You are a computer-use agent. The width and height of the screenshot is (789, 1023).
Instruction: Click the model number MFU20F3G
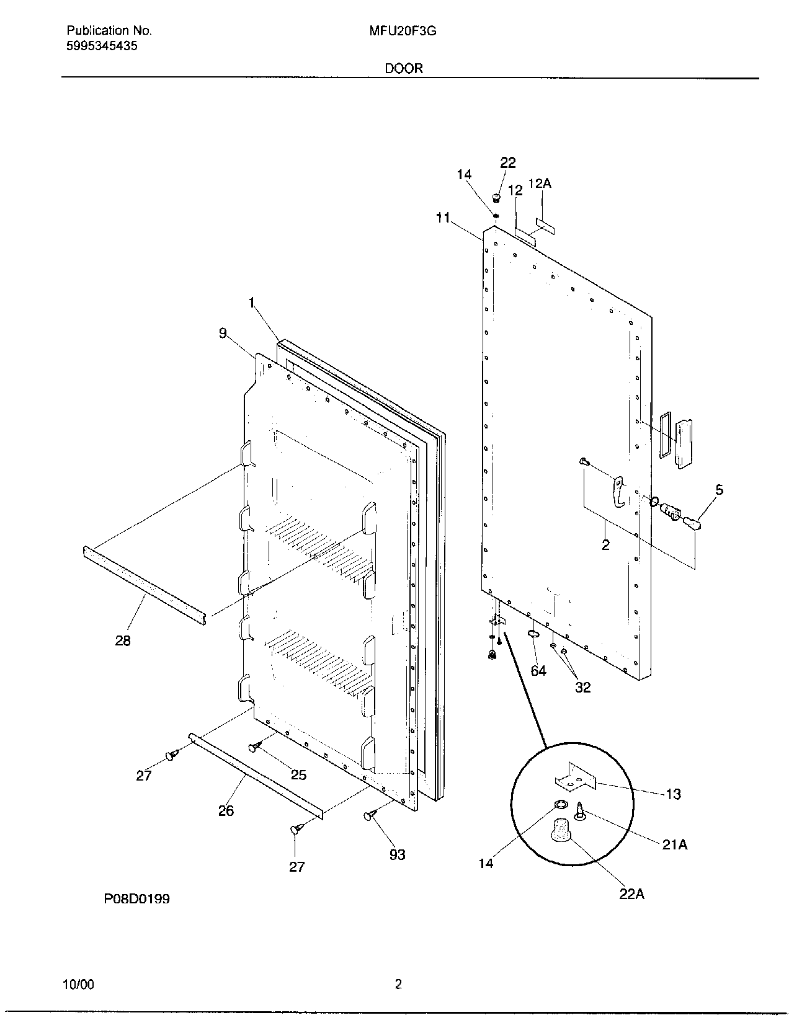[x=403, y=30]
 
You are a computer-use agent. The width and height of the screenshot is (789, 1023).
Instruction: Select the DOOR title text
[x=404, y=68]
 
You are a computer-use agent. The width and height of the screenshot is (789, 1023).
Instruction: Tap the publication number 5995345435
[x=102, y=46]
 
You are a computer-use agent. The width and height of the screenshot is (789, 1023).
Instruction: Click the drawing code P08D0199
[x=136, y=898]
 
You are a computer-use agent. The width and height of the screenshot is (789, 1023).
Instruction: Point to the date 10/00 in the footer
[x=79, y=985]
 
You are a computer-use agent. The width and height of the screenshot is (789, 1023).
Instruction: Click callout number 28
[x=123, y=640]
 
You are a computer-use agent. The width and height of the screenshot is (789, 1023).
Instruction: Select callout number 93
[x=397, y=854]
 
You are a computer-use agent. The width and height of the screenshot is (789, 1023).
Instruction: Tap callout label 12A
[x=540, y=184]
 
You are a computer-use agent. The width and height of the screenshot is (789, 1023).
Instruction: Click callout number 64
[x=538, y=670]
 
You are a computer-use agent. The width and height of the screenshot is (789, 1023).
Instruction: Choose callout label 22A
[x=631, y=895]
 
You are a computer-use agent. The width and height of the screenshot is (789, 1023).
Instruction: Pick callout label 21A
[x=674, y=844]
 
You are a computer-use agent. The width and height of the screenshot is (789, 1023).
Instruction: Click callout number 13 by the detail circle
[x=673, y=794]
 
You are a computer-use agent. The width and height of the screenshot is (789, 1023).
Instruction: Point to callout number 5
[x=719, y=490]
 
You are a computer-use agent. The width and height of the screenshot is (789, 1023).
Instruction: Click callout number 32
[x=582, y=687]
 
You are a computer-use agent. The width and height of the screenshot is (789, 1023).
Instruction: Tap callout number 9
[x=223, y=333]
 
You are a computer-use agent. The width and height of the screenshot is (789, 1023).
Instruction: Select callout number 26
[x=226, y=810]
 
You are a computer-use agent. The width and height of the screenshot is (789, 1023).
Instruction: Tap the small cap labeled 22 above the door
[x=496, y=198]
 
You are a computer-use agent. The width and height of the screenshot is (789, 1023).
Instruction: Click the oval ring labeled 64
[x=533, y=634]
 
